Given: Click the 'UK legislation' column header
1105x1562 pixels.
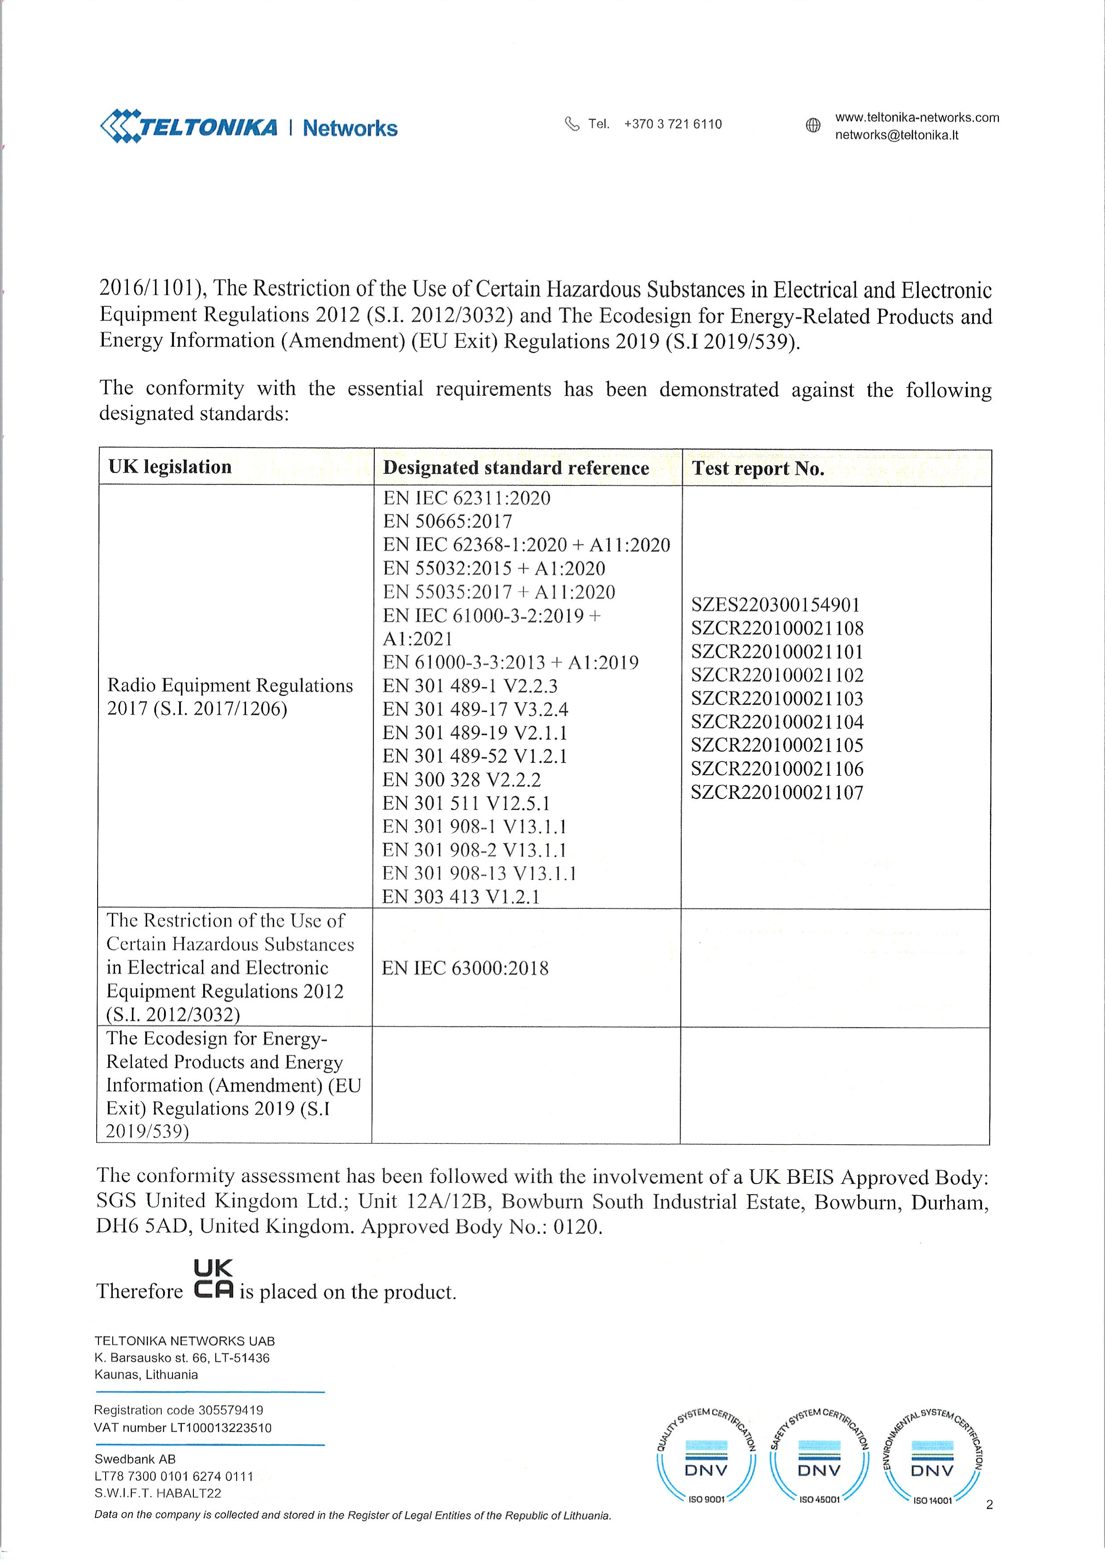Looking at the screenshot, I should tap(170, 467).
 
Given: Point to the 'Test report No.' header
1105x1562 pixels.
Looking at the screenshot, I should tap(757, 468).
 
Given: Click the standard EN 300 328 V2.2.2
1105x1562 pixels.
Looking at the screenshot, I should tap(461, 780).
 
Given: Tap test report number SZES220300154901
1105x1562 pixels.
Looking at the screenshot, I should tap(776, 605).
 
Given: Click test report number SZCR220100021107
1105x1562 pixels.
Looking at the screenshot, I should tap(777, 793).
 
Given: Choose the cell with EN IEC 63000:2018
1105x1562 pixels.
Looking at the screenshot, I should tap(465, 968).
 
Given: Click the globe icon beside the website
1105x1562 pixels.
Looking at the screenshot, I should tap(813, 125).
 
